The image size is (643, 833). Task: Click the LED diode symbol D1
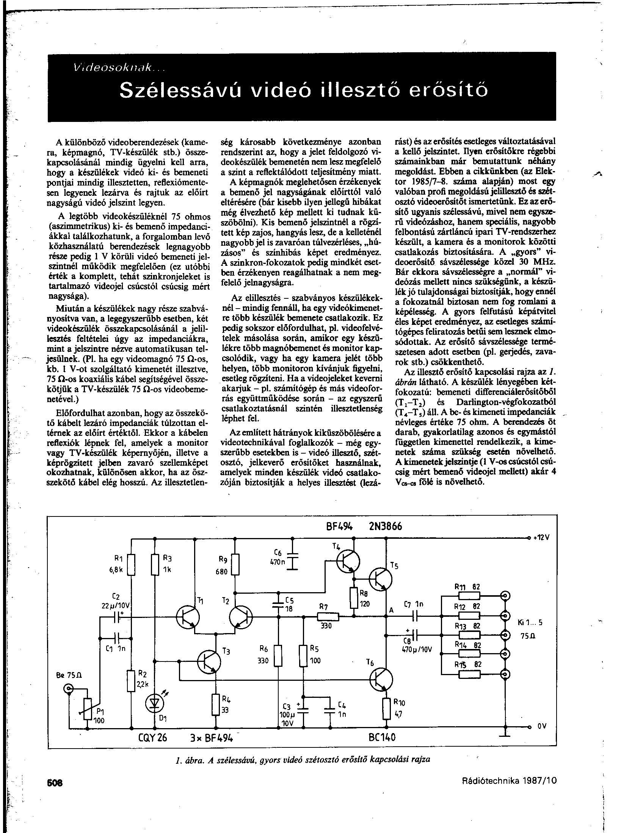coord(155,702)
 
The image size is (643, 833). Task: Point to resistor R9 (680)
coord(235,564)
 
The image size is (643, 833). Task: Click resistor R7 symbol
coord(327,616)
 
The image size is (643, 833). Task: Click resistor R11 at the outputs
coord(469,596)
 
